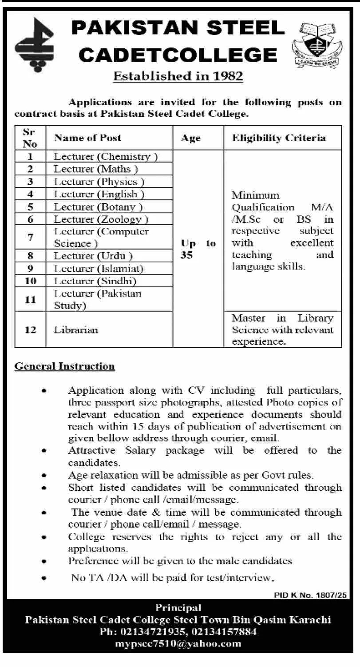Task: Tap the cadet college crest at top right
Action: (x=317, y=45)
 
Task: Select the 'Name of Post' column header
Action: (x=87, y=138)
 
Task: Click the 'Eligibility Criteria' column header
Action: (x=279, y=138)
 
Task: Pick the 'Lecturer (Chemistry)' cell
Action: (x=106, y=156)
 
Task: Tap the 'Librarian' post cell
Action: (x=76, y=330)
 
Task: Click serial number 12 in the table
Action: (x=30, y=330)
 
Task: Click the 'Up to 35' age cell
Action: (x=198, y=250)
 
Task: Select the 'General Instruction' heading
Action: (x=65, y=366)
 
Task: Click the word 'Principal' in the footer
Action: (x=178, y=607)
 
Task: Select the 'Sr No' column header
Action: (x=30, y=138)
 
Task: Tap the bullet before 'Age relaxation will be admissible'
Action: (x=44, y=475)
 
